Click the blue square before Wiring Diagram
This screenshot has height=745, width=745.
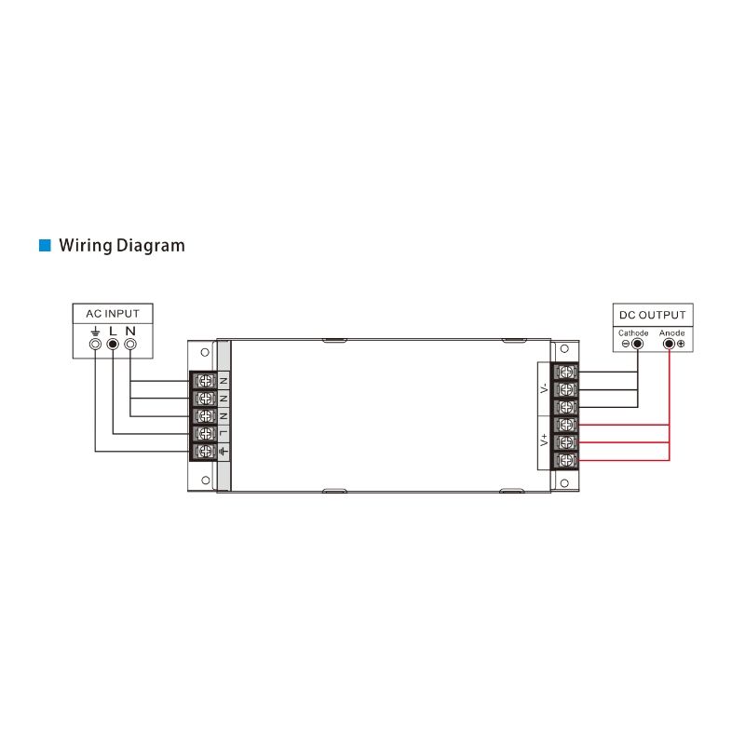(43, 246)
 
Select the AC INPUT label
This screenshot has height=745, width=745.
(113, 314)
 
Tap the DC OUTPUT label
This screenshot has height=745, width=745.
(653, 315)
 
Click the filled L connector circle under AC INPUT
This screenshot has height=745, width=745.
(113, 345)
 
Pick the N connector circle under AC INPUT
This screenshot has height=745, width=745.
(130, 345)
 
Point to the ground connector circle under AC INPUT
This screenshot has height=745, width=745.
(94, 345)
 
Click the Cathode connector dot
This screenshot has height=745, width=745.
(638, 344)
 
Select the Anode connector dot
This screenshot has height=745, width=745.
(669, 344)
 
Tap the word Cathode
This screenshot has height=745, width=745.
(633, 332)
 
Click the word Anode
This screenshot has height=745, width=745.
(671, 332)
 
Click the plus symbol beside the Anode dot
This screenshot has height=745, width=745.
(681, 344)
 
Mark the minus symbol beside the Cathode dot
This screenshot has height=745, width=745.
(626, 344)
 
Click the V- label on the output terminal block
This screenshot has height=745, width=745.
(545, 389)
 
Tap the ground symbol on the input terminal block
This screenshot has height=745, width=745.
(223, 452)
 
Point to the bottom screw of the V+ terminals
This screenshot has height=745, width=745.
(566, 460)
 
